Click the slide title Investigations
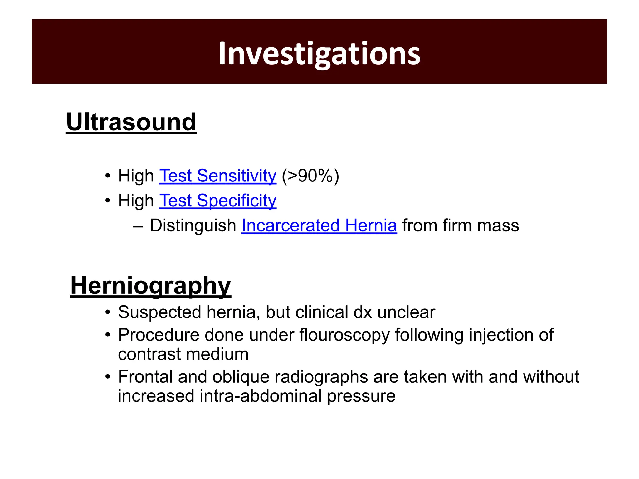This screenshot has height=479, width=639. (319, 54)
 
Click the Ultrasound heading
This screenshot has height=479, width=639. (131, 122)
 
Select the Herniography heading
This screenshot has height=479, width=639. (150, 286)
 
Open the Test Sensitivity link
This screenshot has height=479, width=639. (218, 176)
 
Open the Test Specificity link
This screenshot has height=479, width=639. (218, 201)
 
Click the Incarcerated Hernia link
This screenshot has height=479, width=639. (319, 225)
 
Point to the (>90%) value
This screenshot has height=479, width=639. (310, 176)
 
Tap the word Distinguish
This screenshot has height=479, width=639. (193, 225)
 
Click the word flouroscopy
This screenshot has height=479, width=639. (344, 335)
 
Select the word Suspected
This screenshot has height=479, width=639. (159, 312)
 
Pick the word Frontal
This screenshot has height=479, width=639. (145, 377)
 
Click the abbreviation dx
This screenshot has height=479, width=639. (363, 312)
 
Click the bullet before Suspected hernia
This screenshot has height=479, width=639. (108, 312)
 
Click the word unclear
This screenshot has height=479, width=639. (406, 312)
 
